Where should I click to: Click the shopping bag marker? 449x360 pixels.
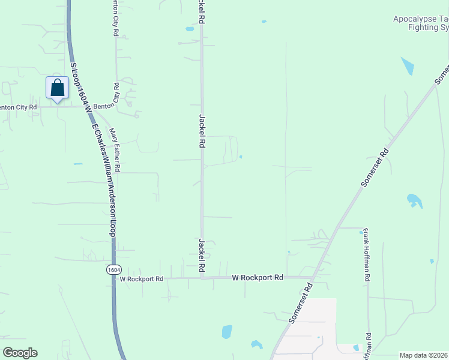(57, 88)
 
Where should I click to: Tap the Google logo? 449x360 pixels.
(20, 353)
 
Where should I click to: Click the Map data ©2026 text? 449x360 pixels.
(423, 355)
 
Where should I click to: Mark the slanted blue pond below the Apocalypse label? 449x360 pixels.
(407, 66)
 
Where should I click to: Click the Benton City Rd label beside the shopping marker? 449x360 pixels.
(18, 107)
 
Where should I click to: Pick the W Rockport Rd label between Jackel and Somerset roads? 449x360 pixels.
(258, 278)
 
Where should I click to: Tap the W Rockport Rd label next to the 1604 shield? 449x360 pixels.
(142, 279)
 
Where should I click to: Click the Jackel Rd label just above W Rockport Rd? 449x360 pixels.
(202, 256)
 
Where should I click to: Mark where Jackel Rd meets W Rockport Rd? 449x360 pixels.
(202, 278)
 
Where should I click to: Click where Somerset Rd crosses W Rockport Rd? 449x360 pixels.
(312, 277)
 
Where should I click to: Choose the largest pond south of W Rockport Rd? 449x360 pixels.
(227, 331)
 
